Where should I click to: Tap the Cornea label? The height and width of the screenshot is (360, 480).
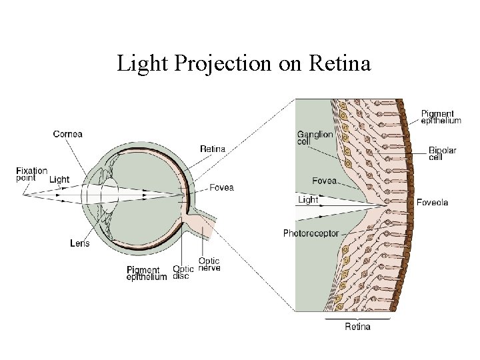[x=68, y=134]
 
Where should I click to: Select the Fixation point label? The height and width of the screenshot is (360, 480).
[x=31, y=175]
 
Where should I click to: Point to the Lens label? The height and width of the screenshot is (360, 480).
[x=79, y=243]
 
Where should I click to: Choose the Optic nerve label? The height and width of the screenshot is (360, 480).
[x=209, y=264]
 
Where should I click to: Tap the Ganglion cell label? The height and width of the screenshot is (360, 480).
[x=315, y=138]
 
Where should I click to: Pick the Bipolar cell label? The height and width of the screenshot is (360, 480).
[x=442, y=154]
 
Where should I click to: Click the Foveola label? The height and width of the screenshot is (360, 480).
[x=432, y=203]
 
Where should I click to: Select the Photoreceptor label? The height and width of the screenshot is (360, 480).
[x=311, y=233]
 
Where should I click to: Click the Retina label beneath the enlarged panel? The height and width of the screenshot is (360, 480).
[x=357, y=327]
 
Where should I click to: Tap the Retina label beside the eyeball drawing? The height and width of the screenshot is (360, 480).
[x=213, y=149]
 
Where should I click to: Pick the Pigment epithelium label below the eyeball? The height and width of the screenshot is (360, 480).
[x=146, y=273]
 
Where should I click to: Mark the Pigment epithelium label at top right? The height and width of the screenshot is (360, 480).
[x=441, y=117]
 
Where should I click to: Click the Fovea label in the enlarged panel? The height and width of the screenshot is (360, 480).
[x=324, y=181]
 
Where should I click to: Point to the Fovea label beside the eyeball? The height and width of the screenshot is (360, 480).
[x=221, y=187]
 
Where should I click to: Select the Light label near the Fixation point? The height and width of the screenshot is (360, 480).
[x=59, y=179]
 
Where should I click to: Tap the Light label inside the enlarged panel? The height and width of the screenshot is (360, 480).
[x=309, y=199]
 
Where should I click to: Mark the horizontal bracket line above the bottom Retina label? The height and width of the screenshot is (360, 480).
[x=357, y=318]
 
